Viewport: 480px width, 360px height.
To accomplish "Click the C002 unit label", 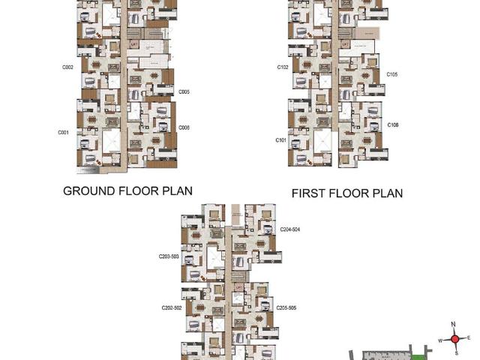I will [x=67, y=67].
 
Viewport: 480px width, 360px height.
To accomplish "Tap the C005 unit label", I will [x=184, y=92].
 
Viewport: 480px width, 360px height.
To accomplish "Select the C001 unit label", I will [x=63, y=133].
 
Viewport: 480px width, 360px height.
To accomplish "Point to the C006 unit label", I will [x=184, y=127].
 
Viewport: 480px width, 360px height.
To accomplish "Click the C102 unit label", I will [x=283, y=67].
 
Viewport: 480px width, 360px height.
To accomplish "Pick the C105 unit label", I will [x=392, y=74].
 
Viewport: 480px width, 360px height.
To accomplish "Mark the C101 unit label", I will [x=281, y=140].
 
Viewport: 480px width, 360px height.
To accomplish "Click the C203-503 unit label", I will [x=169, y=256].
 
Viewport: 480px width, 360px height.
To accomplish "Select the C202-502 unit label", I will [x=172, y=307].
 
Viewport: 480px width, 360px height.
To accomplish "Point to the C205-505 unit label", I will [x=286, y=307].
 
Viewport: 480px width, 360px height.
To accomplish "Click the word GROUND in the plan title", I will [x=89, y=190].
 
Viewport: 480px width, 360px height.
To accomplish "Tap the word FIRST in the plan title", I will [x=310, y=193].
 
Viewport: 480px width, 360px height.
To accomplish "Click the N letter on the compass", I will [x=454, y=324].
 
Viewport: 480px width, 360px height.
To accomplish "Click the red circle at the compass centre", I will [x=454, y=339].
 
